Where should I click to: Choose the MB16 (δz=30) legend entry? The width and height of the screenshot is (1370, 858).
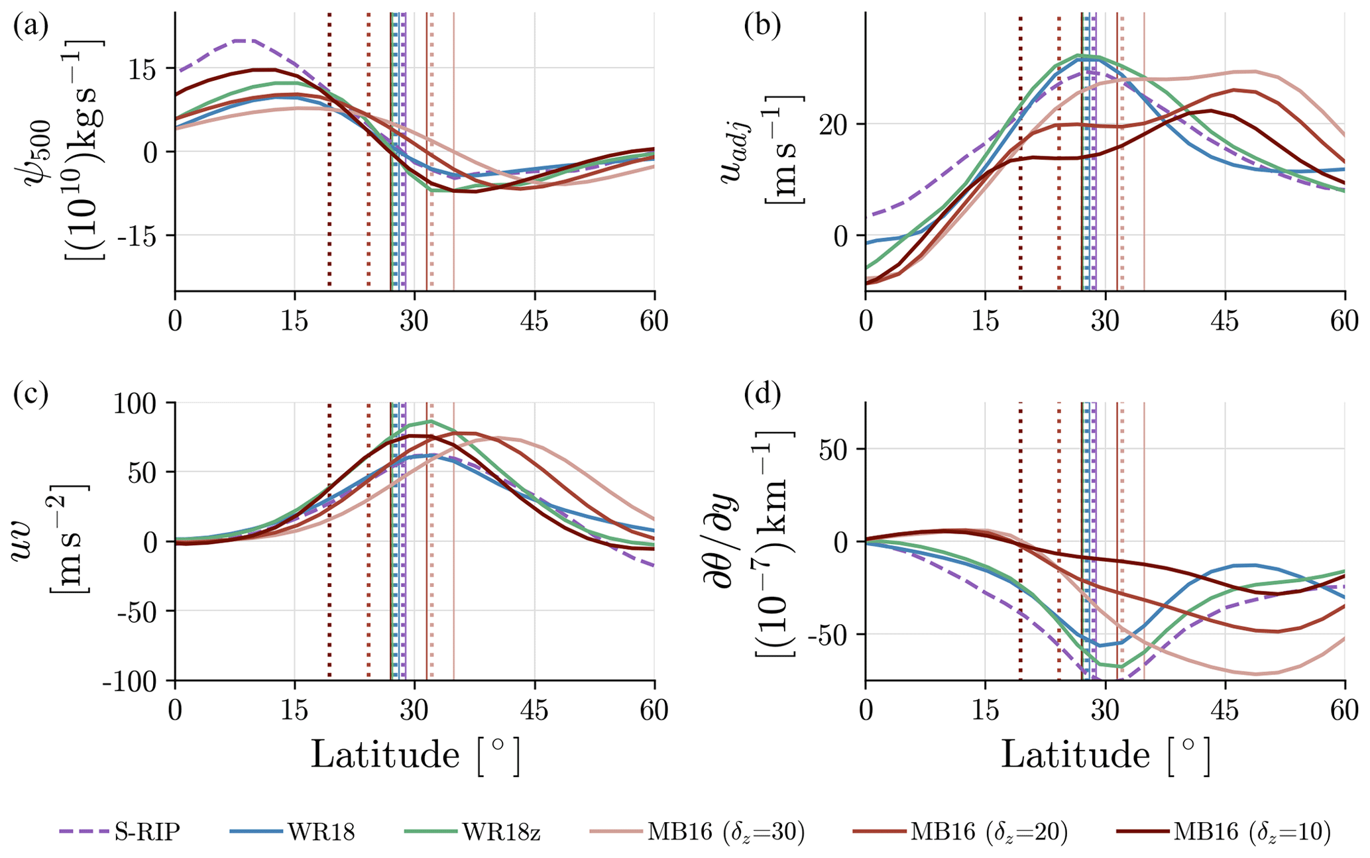pos(726,832)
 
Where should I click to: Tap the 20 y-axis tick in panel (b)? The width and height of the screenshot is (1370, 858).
pos(840,125)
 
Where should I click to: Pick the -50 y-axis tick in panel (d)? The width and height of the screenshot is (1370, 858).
pos(834,635)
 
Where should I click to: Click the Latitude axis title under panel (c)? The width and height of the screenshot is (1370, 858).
pos(415,754)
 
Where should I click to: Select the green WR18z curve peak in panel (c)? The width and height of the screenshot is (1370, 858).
pos(431,421)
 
